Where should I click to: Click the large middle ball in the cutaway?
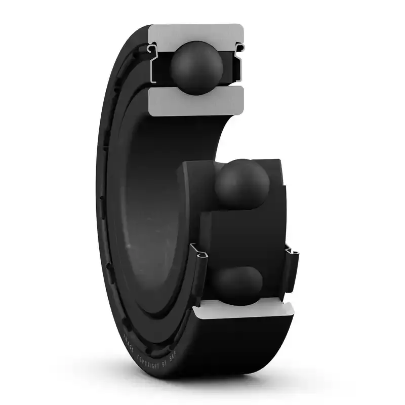(242, 185)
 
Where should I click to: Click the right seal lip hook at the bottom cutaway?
(291, 251)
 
